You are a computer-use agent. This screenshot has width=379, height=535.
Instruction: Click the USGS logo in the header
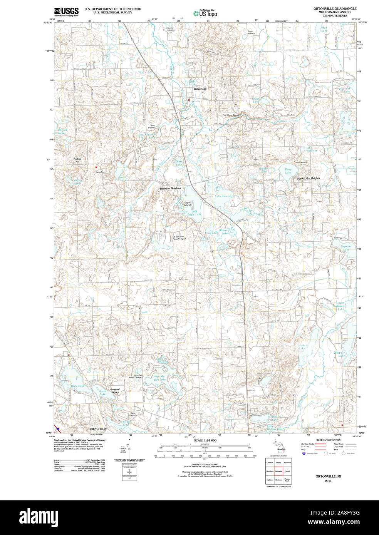click(x=66, y=12)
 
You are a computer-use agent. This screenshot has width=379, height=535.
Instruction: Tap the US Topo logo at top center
click(x=205, y=13)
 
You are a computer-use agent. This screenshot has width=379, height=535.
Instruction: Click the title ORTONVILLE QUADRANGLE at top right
click(x=335, y=8)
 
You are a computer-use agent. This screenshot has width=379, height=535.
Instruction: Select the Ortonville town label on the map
click(x=200, y=89)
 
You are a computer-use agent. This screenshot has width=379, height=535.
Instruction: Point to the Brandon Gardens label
click(x=170, y=189)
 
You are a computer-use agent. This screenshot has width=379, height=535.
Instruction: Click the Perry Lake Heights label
click(x=308, y=179)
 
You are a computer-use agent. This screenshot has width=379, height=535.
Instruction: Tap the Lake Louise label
click(x=223, y=196)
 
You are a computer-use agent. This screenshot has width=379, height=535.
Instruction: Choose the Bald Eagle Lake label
click(x=194, y=213)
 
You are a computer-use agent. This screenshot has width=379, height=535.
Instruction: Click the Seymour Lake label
click(x=346, y=248)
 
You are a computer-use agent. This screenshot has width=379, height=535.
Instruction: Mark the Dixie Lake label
click(x=77, y=386)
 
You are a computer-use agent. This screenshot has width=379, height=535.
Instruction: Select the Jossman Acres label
click(x=115, y=390)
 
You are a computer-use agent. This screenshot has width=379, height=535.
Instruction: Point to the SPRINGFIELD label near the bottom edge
click(x=97, y=429)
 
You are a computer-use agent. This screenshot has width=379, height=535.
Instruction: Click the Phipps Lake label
click(x=62, y=132)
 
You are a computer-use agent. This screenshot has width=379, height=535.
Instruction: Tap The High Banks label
click(x=230, y=115)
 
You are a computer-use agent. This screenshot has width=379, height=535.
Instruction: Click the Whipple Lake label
click(x=339, y=354)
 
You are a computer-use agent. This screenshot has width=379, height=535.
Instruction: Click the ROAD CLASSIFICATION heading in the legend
click(x=328, y=440)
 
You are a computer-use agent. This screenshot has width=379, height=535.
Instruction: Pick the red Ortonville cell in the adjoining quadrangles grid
click(x=278, y=471)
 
